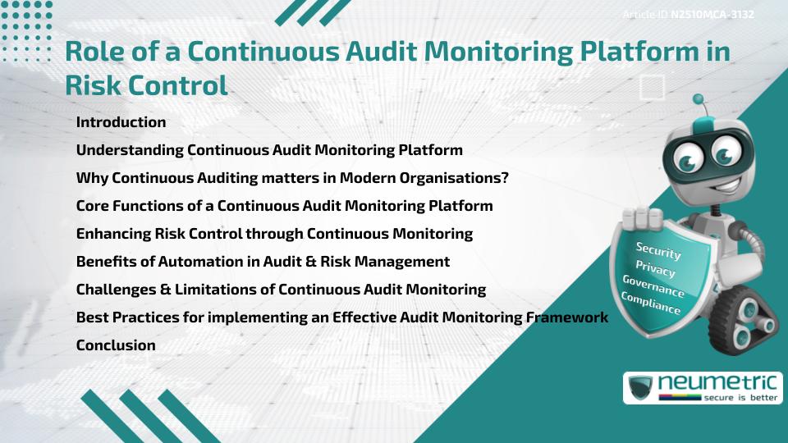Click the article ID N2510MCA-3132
(x=712, y=15)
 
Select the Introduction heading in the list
(x=121, y=122)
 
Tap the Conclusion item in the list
(x=116, y=345)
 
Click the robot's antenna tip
(x=699, y=98)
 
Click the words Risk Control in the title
(x=145, y=84)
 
